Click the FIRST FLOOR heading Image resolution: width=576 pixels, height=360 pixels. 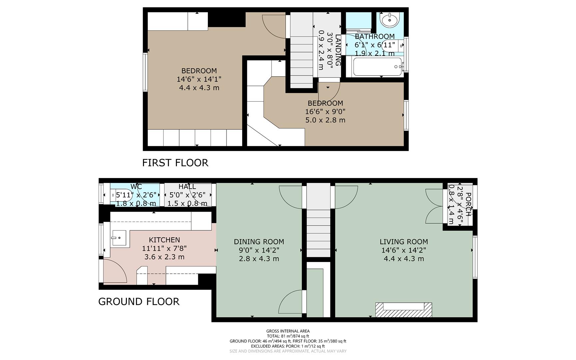click(x=175, y=163)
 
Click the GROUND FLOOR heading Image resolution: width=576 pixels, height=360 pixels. click(x=139, y=302)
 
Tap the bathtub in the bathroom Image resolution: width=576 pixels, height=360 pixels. click(x=377, y=67)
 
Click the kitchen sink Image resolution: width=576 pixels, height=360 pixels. click(x=119, y=238)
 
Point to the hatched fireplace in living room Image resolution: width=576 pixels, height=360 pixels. click(x=403, y=310)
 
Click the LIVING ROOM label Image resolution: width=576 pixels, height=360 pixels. click(x=403, y=242)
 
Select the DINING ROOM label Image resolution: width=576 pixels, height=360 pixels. click(x=259, y=242)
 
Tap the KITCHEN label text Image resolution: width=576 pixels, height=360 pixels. click(x=164, y=240)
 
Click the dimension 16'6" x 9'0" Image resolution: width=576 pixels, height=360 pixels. click(x=325, y=112)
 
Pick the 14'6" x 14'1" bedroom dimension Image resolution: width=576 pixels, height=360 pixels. click(x=199, y=79)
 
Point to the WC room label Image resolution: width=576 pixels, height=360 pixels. click(x=136, y=187)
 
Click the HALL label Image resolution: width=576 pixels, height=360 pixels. click(x=187, y=187)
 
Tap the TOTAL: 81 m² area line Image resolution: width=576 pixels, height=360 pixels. click(x=288, y=336)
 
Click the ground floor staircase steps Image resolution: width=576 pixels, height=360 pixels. click(x=318, y=230)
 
